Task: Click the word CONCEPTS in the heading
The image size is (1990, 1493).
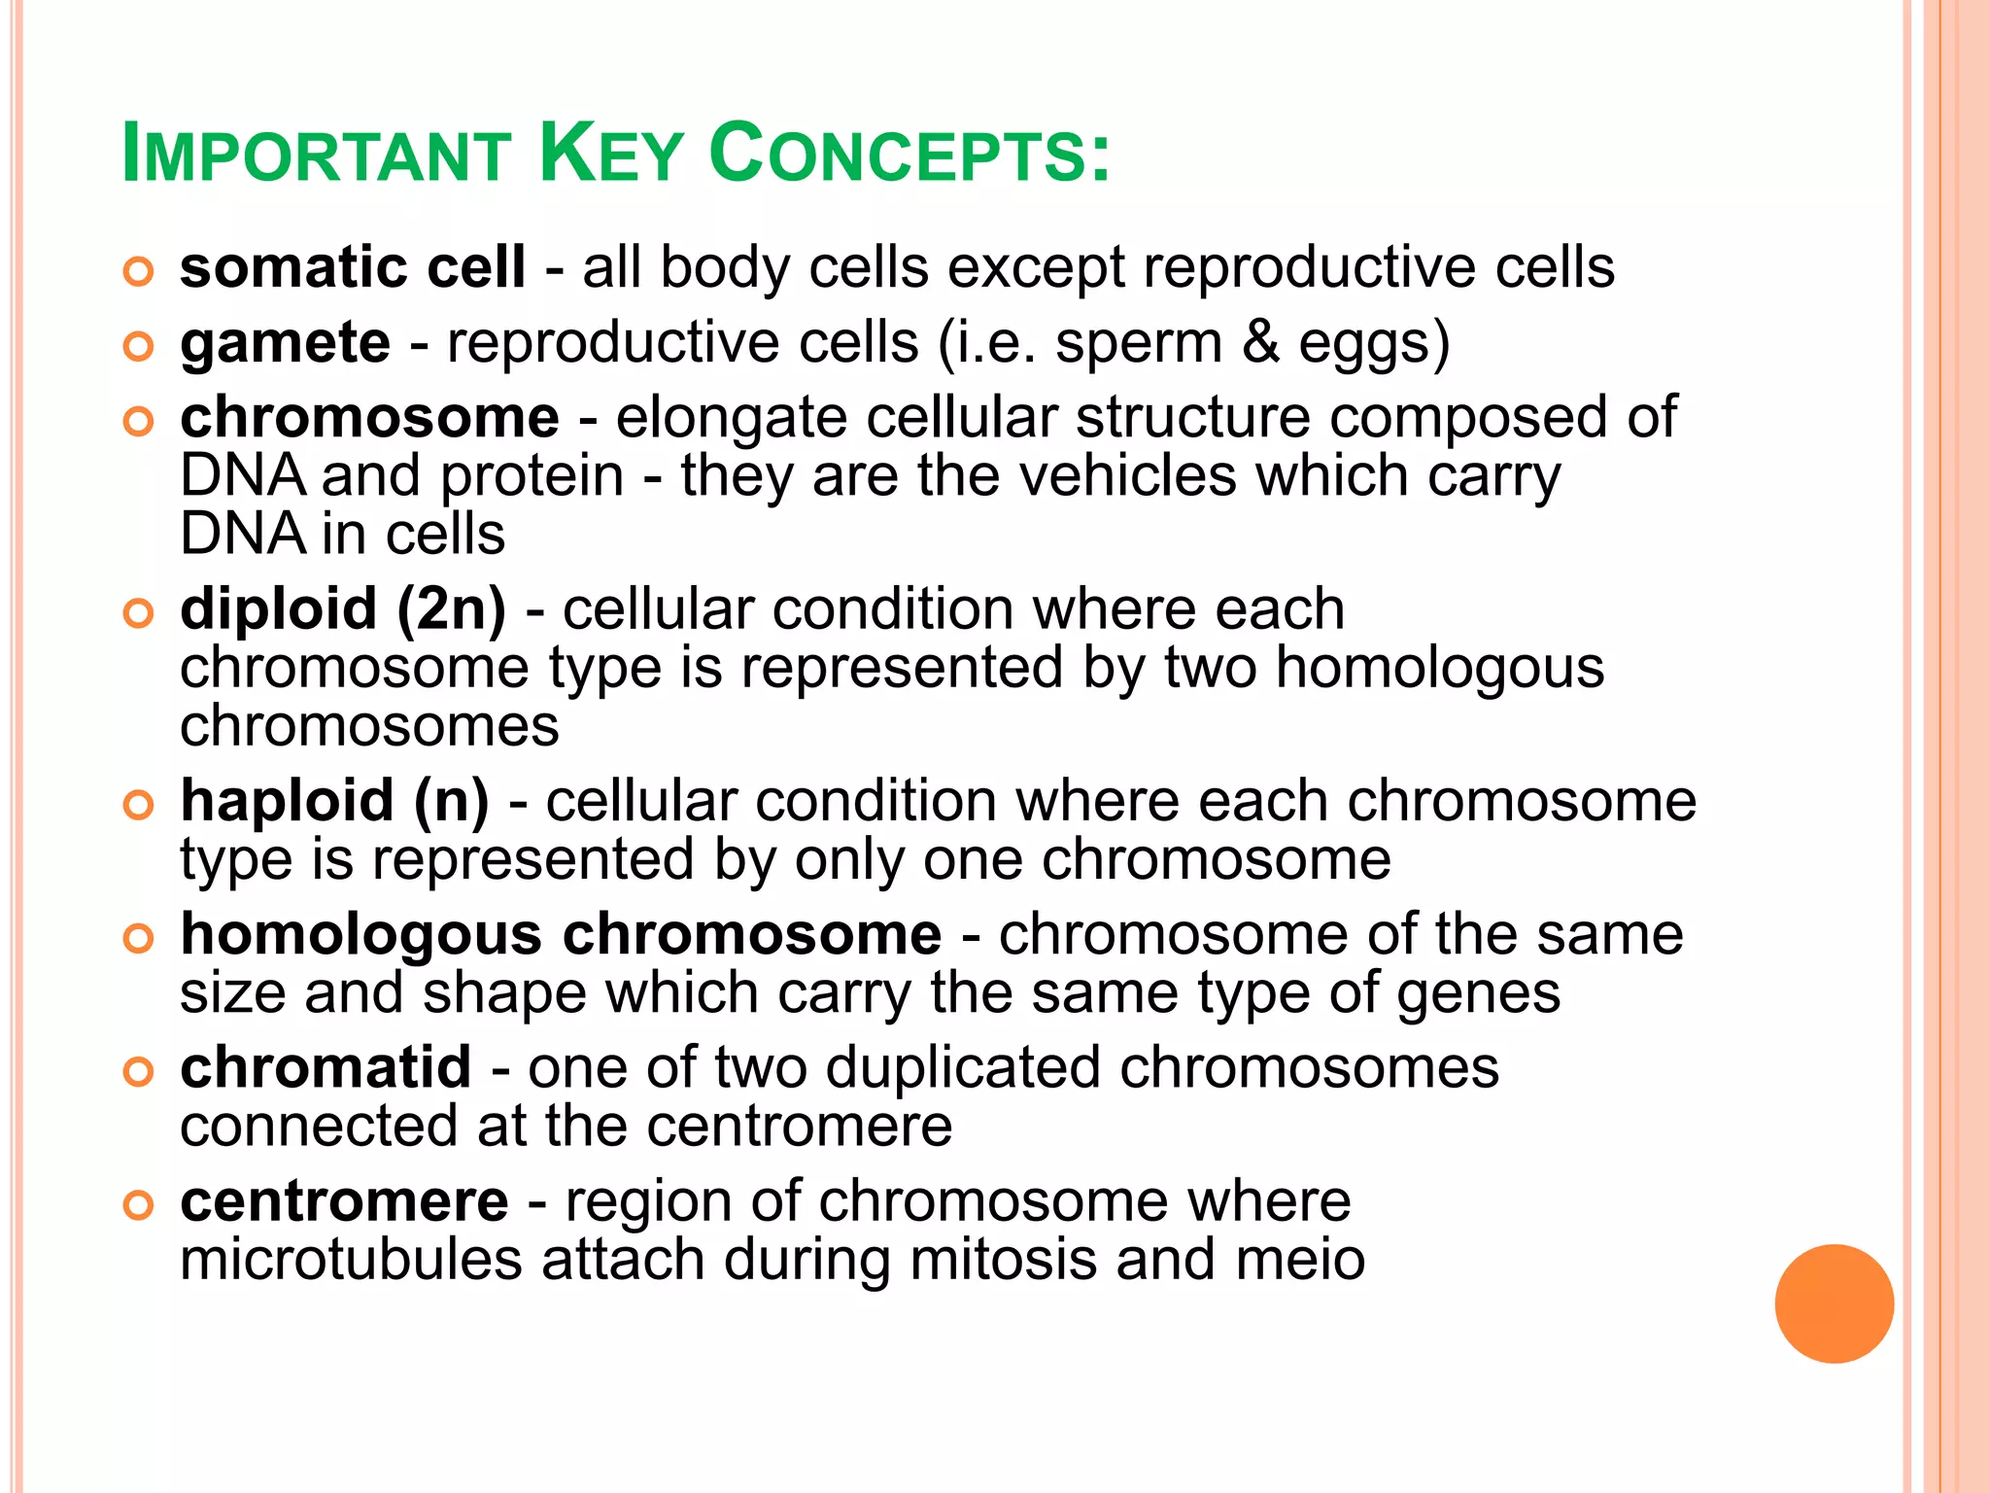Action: [x=909, y=154]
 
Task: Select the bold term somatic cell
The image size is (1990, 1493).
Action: [x=352, y=267]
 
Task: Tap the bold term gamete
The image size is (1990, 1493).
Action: [x=286, y=343]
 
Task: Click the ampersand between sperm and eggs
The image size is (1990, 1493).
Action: [x=1260, y=343]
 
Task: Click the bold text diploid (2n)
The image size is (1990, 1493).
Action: [x=343, y=609]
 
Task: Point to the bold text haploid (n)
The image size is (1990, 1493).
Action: [x=334, y=802]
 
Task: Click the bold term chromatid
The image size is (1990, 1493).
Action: [x=326, y=1068]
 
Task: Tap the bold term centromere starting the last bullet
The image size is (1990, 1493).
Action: [x=344, y=1201]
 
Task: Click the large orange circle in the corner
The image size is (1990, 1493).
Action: [x=1834, y=1303]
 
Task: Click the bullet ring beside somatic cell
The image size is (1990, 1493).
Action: [x=139, y=271]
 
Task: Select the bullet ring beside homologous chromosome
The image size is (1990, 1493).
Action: [x=139, y=938]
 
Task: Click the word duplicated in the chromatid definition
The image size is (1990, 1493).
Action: [x=964, y=1068]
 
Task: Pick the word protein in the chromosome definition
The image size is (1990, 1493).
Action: [x=532, y=476]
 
